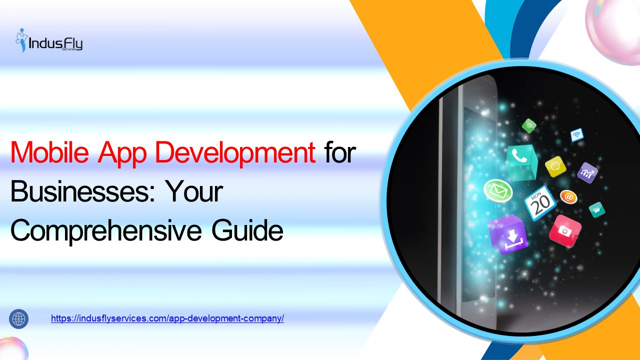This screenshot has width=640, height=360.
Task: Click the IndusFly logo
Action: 49,40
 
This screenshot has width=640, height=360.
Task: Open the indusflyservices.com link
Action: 167,318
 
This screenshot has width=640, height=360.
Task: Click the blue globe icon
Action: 19,318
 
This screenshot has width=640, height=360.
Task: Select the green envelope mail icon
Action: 498,191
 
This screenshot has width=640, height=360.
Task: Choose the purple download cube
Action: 507,234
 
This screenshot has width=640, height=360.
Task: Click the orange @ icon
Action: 568,197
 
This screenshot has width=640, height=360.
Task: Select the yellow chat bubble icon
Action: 555,166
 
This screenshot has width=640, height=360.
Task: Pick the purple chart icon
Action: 587,172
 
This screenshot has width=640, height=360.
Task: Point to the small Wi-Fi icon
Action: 577,134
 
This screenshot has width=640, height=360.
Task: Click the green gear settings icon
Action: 529,125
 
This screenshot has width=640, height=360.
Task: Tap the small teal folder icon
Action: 596,209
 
